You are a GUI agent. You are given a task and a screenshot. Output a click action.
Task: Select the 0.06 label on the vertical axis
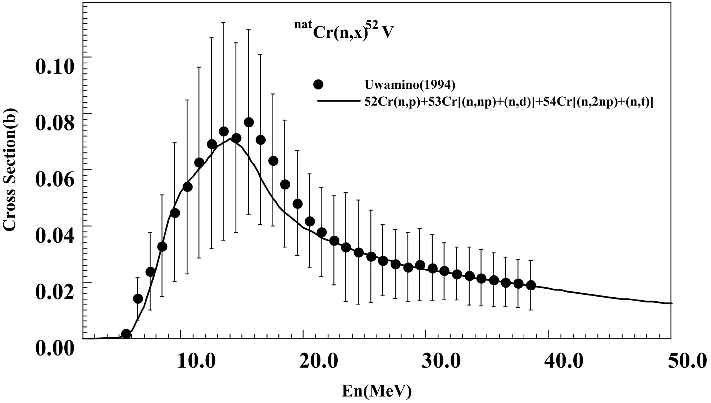click(54, 179)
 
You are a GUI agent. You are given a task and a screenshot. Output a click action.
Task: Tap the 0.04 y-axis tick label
click(54, 235)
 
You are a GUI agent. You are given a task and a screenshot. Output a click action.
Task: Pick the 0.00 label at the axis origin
click(54, 348)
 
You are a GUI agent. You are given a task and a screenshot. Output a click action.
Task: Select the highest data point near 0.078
click(249, 122)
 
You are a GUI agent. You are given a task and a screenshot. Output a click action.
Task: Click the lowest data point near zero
click(126, 334)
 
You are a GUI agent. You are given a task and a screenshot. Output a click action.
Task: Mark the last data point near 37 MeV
click(531, 285)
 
